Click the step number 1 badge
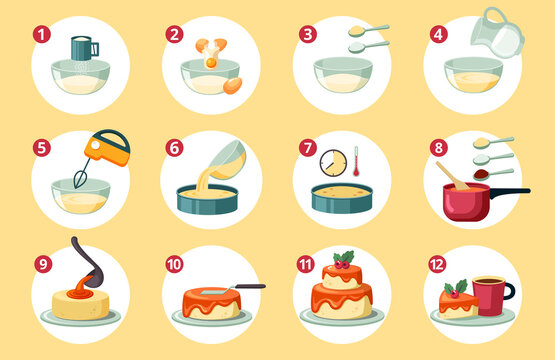[x=41, y=34]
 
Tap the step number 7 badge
[x=306, y=148]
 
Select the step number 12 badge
[x=436, y=264]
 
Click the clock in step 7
[x=333, y=162]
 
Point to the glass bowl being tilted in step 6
[x=228, y=158]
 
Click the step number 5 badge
[x=41, y=148]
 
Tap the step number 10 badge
[x=174, y=264]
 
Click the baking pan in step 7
[x=345, y=196]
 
